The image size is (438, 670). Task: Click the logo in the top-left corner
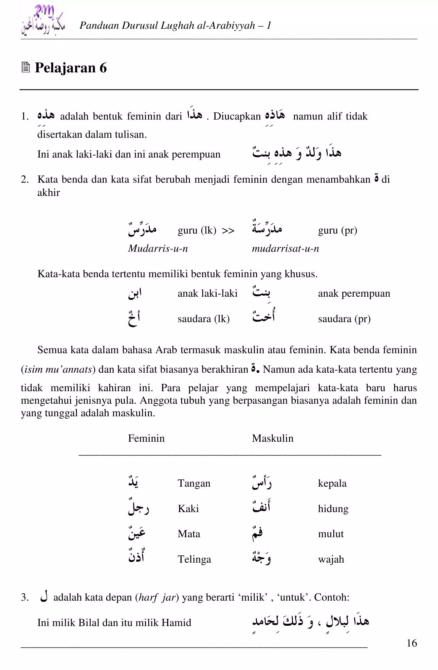pos(43,22)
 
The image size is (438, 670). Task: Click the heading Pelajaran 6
pos(71,68)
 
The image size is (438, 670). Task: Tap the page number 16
pos(412,643)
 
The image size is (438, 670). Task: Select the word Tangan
pos(194,483)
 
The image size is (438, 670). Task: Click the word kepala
pos(332,483)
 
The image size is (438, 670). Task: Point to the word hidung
pos(333,509)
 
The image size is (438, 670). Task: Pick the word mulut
pos(331,534)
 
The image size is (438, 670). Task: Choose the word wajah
pos(331,559)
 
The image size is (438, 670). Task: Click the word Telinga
pos(194,559)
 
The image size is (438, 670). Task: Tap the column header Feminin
pos(146,438)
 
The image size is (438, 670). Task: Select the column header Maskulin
pos(273,438)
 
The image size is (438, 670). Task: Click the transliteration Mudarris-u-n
pos(158,248)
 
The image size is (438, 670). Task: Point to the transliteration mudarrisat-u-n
pos(285,248)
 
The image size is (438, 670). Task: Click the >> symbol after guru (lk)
pos(228,230)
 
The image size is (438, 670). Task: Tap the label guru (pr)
pos(337,230)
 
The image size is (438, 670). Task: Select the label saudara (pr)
pos(344,319)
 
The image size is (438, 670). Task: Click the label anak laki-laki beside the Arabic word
pos(207,293)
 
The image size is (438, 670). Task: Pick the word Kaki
pos(188,509)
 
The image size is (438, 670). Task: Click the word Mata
pos(189,534)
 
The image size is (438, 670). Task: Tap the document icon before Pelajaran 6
pos(26,68)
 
